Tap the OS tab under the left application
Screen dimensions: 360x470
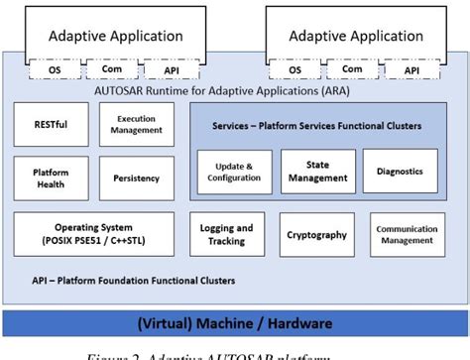click(56, 70)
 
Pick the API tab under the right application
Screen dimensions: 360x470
click(410, 70)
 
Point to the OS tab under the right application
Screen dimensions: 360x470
click(294, 70)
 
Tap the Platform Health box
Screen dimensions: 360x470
click(51, 179)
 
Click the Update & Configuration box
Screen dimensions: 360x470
click(234, 172)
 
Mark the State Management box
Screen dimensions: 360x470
click(318, 172)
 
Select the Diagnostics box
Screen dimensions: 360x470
click(399, 172)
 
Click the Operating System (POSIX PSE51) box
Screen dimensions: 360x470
click(93, 234)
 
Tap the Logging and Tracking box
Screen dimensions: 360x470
click(226, 235)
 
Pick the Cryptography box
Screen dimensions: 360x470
click(316, 235)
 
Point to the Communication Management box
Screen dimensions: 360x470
click(407, 235)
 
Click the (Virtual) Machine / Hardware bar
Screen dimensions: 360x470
click(234, 323)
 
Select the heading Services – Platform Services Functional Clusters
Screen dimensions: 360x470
click(316, 126)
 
